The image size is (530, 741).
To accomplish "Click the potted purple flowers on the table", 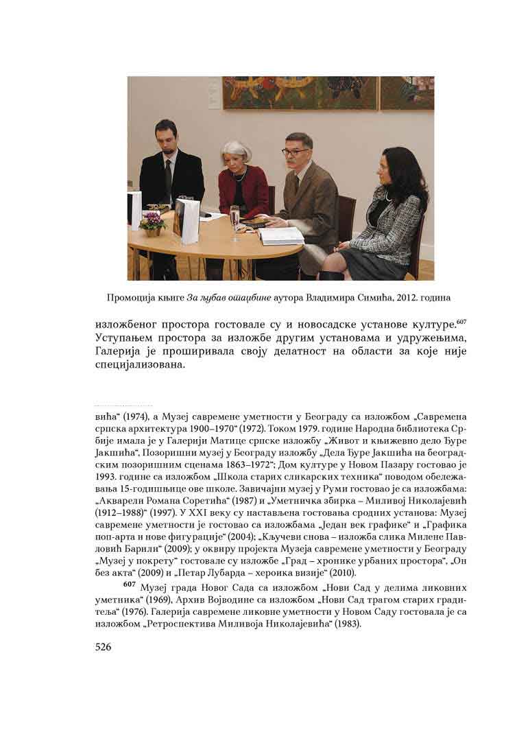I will tap(152, 222).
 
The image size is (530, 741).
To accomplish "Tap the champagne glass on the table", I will tap(234, 221).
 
